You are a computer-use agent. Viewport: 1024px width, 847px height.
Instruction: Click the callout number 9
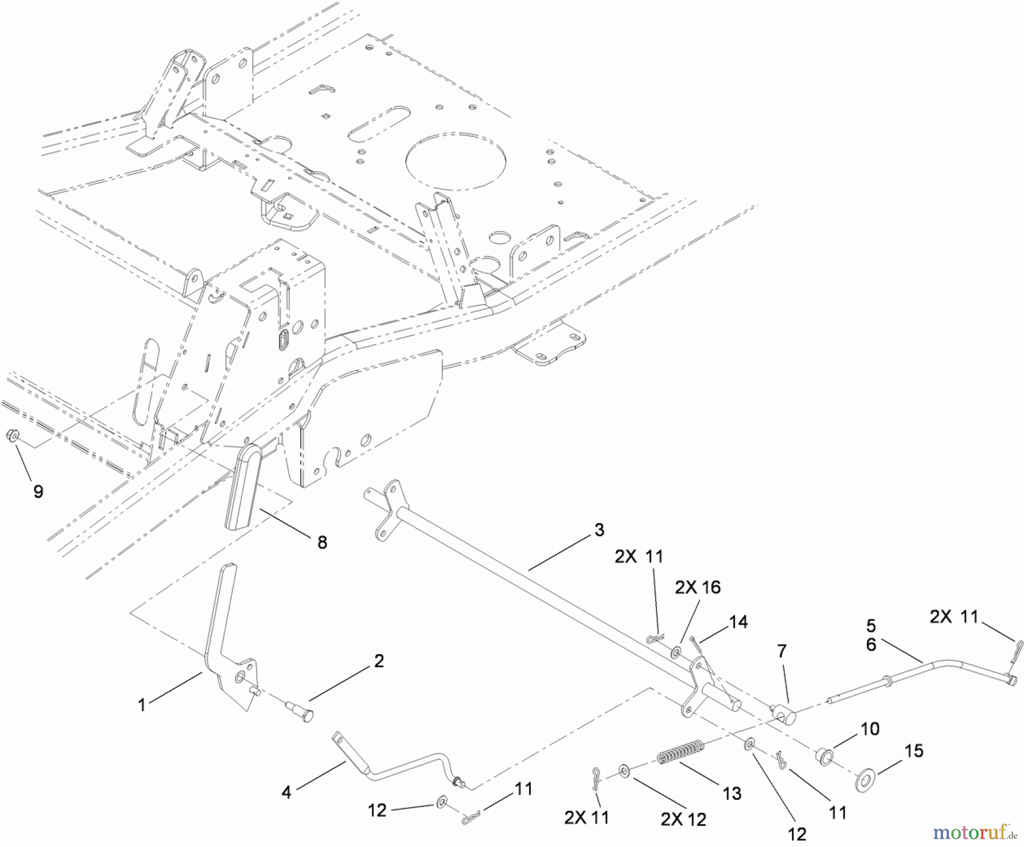click(38, 491)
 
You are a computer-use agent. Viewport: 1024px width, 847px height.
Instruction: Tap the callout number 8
click(322, 542)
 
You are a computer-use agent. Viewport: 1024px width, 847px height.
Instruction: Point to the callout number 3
click(599, 530)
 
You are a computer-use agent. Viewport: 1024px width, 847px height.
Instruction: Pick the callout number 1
click(142, 705)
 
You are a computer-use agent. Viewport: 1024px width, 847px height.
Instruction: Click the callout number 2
click(379, 660)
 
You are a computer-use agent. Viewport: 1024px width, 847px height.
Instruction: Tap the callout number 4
click(286, 792)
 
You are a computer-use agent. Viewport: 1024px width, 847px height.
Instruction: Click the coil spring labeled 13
click(682, 751)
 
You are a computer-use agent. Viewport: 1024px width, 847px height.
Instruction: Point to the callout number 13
click(732, 793)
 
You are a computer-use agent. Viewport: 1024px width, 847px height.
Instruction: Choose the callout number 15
click(914, 751)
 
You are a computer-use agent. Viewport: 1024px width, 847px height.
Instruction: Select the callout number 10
click(870, 729)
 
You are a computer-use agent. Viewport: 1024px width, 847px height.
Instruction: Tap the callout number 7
click(782, 651)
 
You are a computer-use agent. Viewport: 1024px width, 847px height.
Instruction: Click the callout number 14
click(739, 622)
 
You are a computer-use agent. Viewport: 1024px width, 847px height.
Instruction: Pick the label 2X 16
click(697, 587)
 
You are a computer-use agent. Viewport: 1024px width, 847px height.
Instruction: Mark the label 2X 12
click(683, 819)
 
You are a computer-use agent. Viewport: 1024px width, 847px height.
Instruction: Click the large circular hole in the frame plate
click(456, 162)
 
